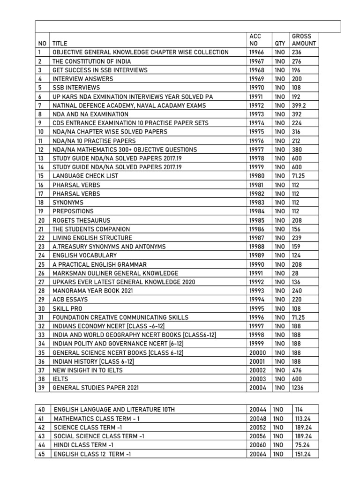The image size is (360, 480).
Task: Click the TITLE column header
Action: point(60,43)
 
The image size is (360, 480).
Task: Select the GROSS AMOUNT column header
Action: point(304,39)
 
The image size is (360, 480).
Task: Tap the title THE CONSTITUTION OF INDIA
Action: point(92,61)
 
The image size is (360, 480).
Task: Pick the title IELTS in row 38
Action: point(60,379)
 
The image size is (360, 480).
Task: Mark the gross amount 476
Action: point(297,370)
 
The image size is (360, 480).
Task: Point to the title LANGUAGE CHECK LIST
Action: point(85,176)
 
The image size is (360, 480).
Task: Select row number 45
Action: point(41,454)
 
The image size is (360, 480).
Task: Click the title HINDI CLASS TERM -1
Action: point(84,445)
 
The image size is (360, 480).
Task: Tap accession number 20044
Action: point(258,410)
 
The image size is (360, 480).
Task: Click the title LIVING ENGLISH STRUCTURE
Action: point(92,238)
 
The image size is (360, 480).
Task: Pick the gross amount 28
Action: point(295,273)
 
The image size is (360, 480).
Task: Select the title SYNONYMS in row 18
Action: point(68,202)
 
